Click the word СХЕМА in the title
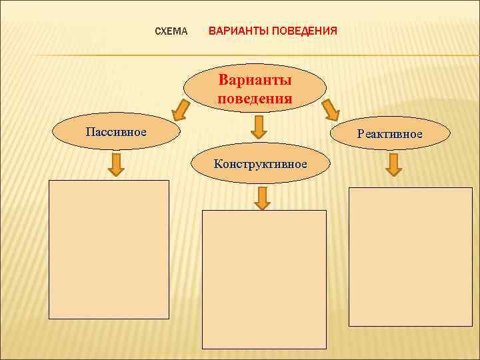click(x=171, y=31)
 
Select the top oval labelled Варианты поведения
click(x=256, y=91)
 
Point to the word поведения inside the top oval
click(x=255, y=99)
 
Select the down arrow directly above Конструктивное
click(x=261, y=127)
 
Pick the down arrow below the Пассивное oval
click(x=117, y=165)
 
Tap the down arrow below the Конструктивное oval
click(x=262, y=197)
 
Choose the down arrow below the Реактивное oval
click(x=394, y=165)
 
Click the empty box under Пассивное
click(x=109, y=249)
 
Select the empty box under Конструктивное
click(x=265, y=279)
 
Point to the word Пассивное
click(x=116, y=131)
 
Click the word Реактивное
click(x=389, y=134)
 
